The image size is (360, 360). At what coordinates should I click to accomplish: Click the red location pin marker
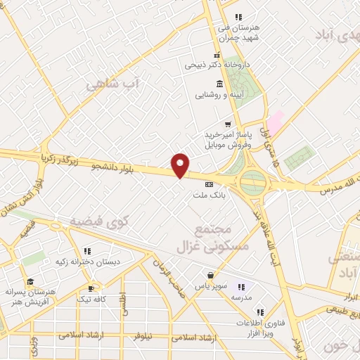pos(181,165)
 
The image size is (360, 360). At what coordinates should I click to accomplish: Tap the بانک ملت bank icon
pos(208,184)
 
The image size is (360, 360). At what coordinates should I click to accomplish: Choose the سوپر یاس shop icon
pos(210,275)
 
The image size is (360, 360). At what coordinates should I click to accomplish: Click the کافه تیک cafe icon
pos(91,288)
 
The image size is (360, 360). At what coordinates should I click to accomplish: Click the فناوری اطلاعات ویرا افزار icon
pos(259,312)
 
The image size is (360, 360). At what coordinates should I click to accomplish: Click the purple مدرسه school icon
pos(241,287)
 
